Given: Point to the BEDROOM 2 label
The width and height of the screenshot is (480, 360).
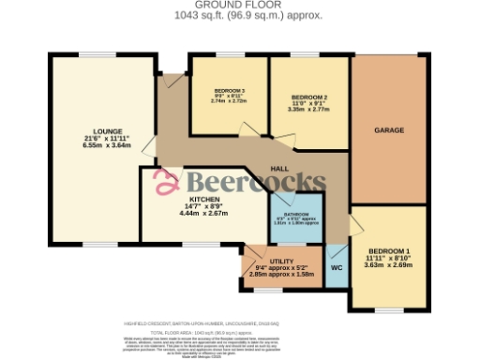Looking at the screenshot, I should (308, 97).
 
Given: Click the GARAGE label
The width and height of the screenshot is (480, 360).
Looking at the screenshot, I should (389, 128).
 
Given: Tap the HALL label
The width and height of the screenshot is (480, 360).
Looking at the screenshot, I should (278, 168).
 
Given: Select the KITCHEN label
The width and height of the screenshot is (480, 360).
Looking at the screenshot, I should (203, 199).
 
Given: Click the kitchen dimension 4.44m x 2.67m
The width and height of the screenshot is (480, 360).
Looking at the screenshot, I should (203, 214).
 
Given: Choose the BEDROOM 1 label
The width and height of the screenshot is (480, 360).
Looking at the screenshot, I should (387, 251).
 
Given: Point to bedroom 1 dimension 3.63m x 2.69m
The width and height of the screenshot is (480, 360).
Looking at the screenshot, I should (387, 266).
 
